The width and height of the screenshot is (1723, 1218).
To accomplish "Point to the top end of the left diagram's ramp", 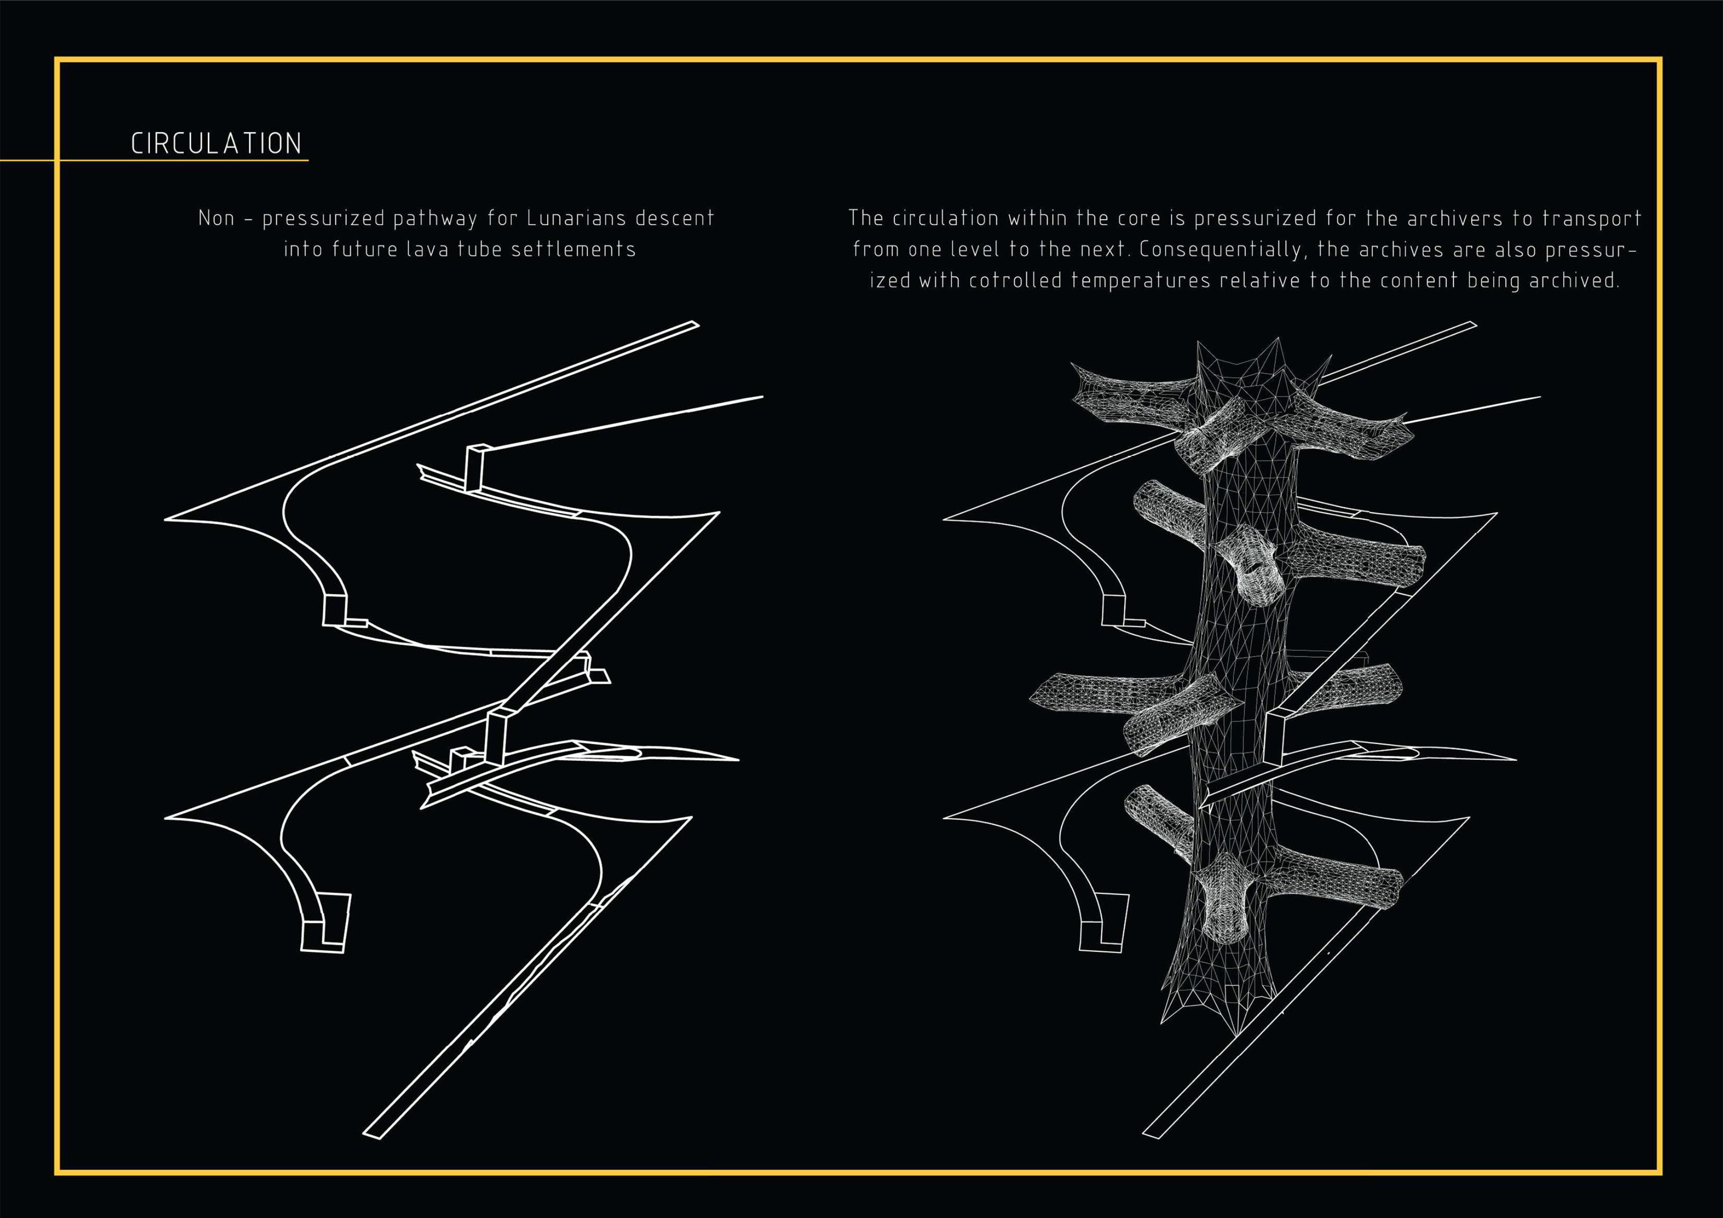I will click(694, 325).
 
